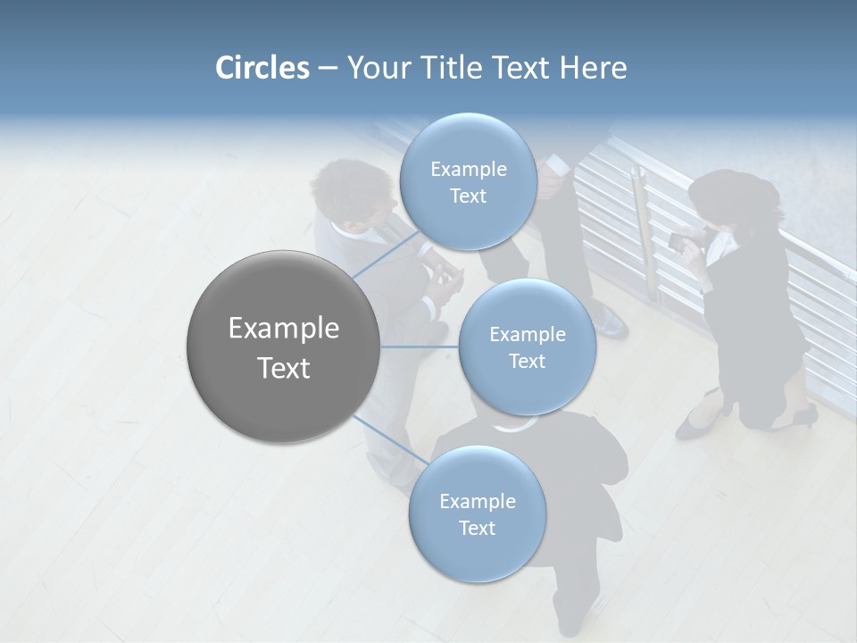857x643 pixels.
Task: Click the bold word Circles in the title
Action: pyautogui.click(x=262, y=68)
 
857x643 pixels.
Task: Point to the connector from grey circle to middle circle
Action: pyautogui.click(x=420, y=347)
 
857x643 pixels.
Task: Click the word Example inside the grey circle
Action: pyautogui.click(x=284, y=328)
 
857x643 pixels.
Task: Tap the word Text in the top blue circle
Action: pyautogui.click(x=468, y=196)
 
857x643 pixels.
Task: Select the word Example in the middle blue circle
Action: pyautogui.click(x=527, y=334)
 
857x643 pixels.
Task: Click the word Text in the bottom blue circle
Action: pyautogui.click(x=477, y=528)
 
